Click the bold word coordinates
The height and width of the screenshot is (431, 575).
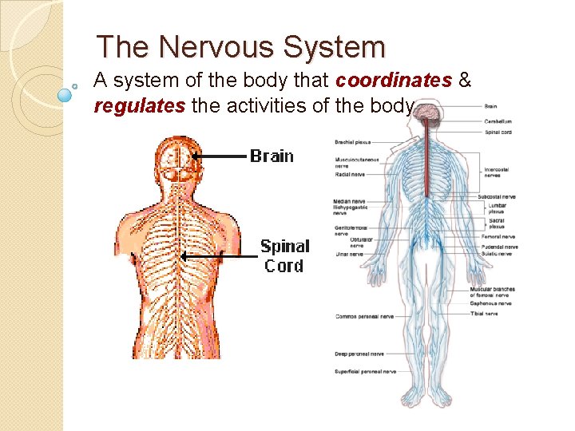tap(394, 81)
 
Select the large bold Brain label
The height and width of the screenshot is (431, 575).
tap(272, 156)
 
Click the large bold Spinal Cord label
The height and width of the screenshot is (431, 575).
tap(284, 255)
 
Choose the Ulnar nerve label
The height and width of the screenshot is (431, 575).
tap(350, 254)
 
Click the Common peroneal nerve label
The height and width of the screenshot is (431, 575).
tap(364, 316)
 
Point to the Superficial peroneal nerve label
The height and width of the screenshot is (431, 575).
tap(366, 371)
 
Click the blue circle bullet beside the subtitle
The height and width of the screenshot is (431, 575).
tap(65, 94)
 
